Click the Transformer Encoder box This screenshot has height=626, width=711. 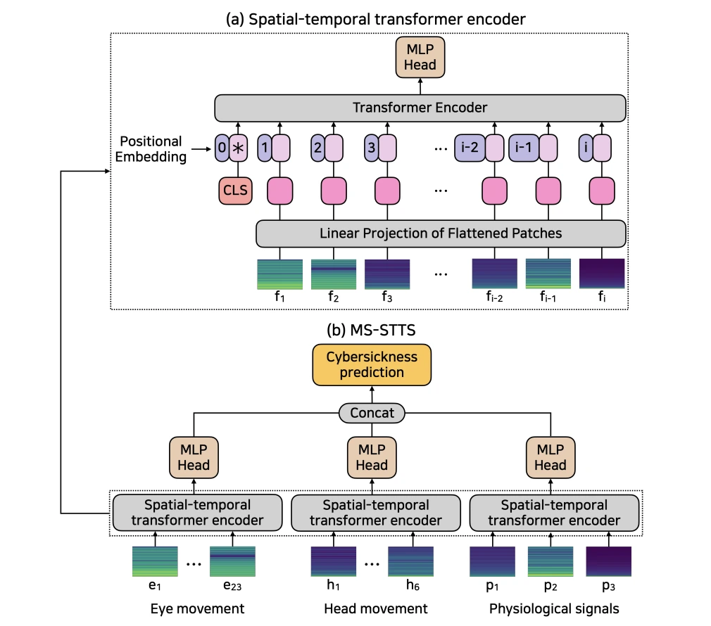(420, 108)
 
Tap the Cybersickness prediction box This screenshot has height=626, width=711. (372, 365)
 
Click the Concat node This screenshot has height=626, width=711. (372, 413)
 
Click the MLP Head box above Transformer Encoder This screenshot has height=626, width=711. (420, 58)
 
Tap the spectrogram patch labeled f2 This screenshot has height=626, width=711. (332, 273)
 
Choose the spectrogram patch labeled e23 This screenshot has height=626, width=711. (232, 560)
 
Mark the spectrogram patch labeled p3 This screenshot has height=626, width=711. (608, 560)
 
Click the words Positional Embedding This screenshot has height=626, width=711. (150, 148)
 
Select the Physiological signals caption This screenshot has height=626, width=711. (554, 608)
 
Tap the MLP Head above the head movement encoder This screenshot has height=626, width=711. (372, 458)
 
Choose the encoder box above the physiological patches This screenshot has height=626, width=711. (554, 513)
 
